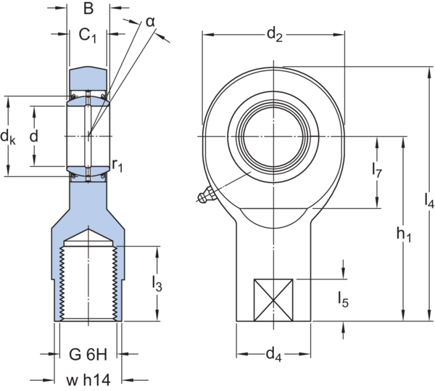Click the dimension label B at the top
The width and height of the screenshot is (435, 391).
[88, 9]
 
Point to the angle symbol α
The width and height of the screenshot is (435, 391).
[151, 22]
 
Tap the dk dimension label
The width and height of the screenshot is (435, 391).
[7, 136]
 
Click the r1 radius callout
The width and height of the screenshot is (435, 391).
[118, 167]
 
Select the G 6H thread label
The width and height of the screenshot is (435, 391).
[88, 356]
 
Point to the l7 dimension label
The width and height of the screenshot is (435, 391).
[376, 172]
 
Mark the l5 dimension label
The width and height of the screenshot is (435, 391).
[343, 297]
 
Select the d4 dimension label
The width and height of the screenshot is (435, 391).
[273, 355]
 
